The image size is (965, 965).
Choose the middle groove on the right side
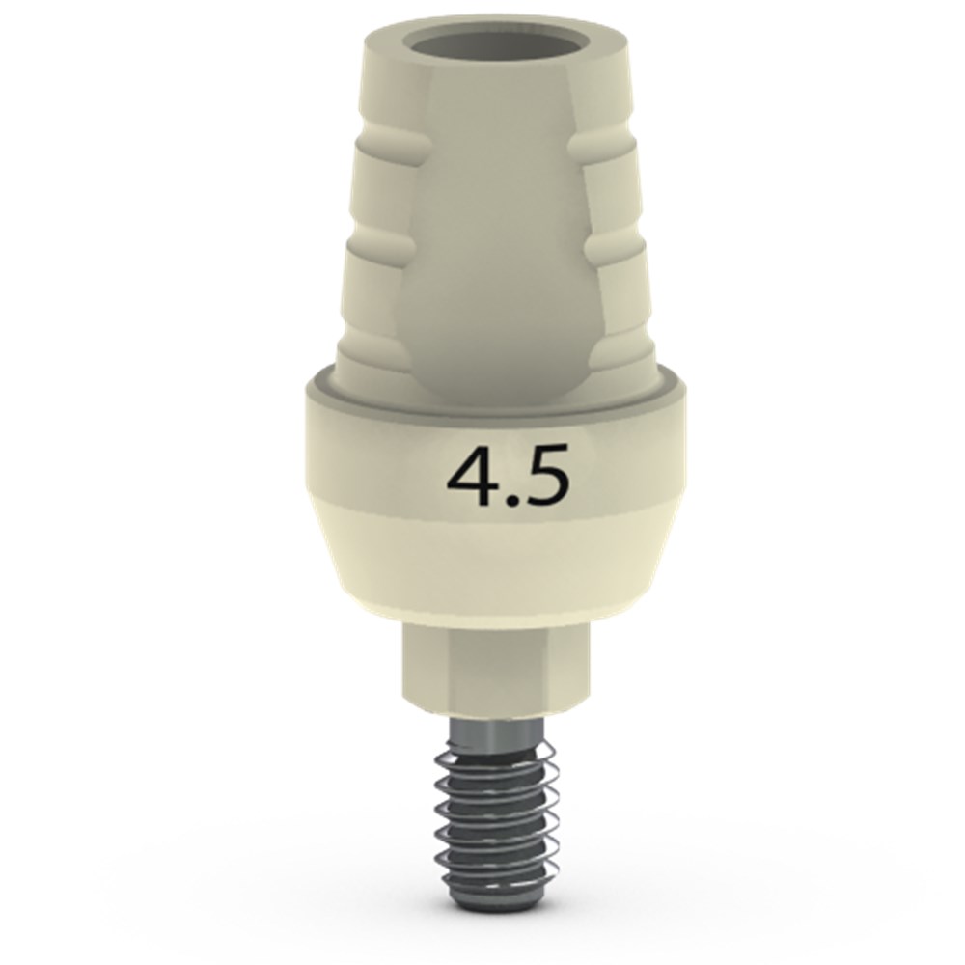click(616, 246)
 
